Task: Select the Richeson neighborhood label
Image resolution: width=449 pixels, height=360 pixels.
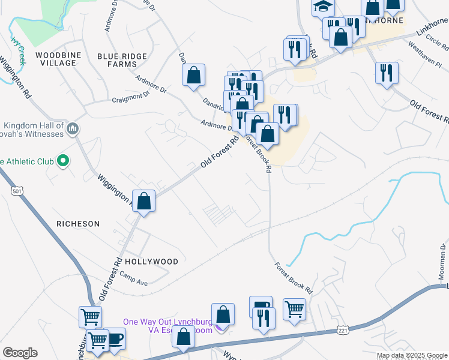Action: click(x=78, y=223)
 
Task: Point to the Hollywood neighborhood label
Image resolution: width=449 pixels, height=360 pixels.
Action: click(x=151, y=262)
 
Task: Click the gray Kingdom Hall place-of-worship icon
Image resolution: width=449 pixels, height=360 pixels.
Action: click(x=73, y=128)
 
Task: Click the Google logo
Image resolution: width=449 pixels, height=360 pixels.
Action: click(x=19, y=353)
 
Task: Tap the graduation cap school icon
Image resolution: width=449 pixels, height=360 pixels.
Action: click(x=323, y=7)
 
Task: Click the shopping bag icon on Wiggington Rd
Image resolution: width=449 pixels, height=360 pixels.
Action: click(x=144, y=201)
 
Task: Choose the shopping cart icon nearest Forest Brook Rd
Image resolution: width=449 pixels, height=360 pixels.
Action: click(x=294, y=310)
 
